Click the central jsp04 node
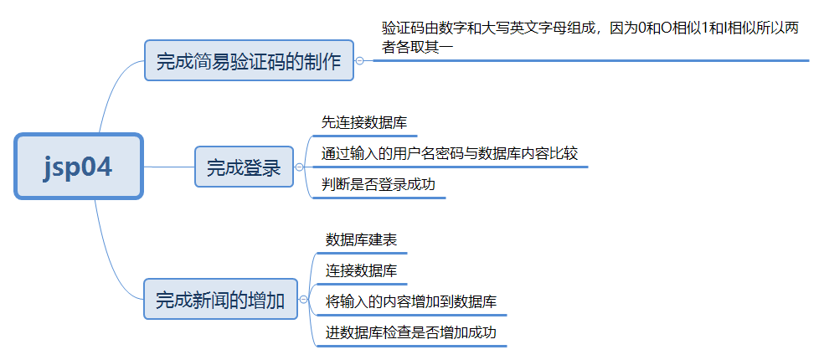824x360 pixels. pos(79,167)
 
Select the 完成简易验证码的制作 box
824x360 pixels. pos(249,61)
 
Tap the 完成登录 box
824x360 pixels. pos(244,167)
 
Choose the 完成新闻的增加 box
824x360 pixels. pos(220,299)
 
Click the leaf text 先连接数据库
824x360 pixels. pos(364,123)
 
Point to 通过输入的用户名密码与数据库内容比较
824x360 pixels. pos(450,154)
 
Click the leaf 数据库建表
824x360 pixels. pos(361,240)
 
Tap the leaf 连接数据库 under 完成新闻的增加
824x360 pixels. pos(361,270)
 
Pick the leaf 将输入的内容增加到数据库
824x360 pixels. pos(413,301)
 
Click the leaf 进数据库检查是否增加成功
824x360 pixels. pos(411,332)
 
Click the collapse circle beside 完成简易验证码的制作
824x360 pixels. pos(359,61)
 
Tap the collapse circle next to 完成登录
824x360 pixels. pos(300,167)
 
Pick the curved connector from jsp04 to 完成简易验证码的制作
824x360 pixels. pos(112,88)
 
